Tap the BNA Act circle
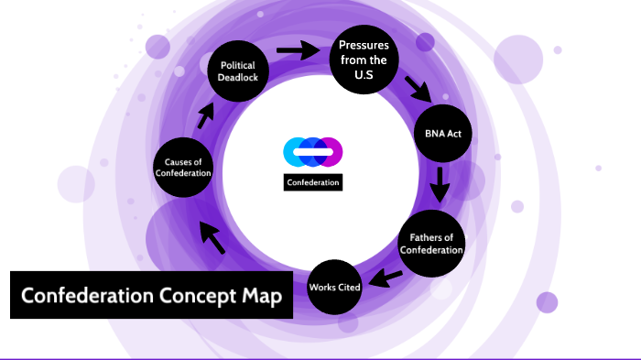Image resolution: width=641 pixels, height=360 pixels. coord(442,135)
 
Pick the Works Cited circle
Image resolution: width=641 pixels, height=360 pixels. coord(335,288)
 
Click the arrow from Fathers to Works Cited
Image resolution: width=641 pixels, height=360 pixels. coord(386,276)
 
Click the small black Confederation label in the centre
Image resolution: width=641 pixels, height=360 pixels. coord(313,182)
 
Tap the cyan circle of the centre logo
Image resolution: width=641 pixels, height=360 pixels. coord(295,151)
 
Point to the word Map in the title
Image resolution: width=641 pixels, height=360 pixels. coord(258,297)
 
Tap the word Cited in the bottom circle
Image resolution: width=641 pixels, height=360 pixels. coord(350,288)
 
